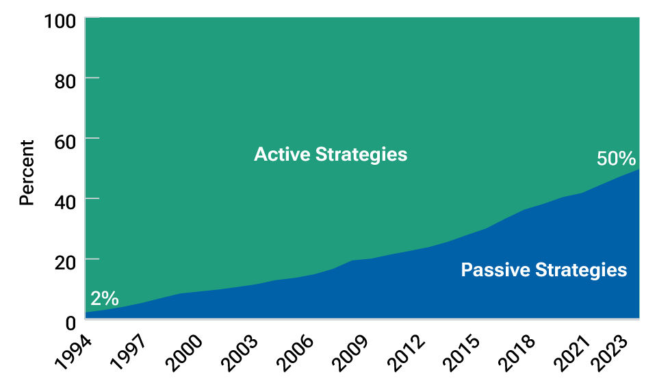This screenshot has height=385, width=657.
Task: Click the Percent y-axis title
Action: point(27,172)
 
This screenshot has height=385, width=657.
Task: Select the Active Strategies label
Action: point(331,155)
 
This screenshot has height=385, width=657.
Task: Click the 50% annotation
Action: point(616,159)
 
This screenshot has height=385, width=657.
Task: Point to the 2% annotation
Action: point(104,298)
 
